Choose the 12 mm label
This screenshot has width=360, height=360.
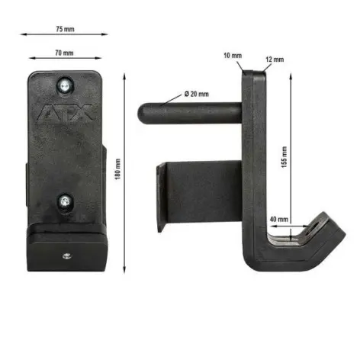(x=275, y=59)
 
